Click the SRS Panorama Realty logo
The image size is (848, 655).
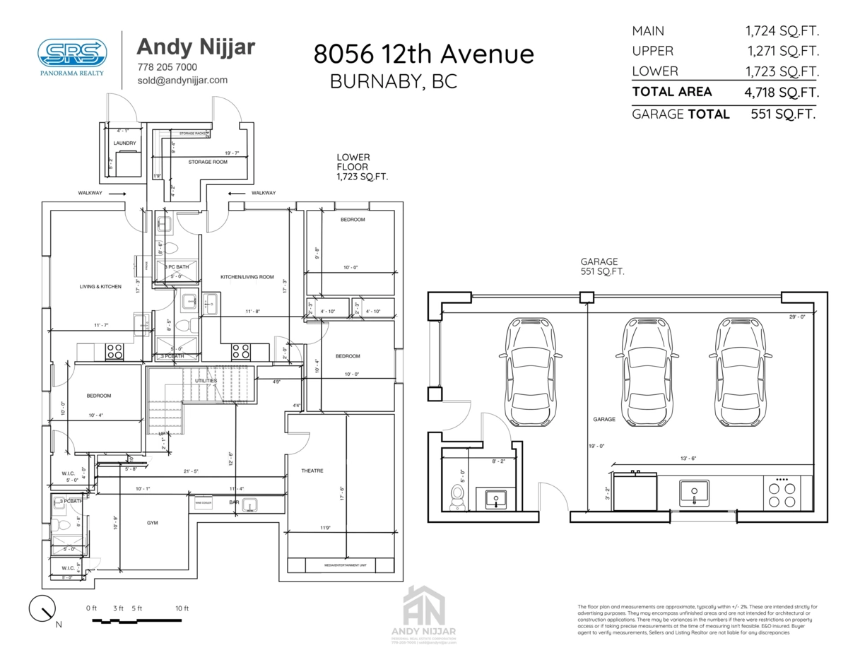(72, 55)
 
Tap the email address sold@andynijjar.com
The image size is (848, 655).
(182, 81)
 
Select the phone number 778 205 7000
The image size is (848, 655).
(167, 67)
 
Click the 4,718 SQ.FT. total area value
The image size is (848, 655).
(782, 92)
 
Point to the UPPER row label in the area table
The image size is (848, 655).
(652, 51)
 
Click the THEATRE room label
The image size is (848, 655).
(312, 471)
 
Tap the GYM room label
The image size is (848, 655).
(152, 523)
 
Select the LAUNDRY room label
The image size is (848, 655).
(124, 143)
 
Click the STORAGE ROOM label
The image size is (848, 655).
(208, 162)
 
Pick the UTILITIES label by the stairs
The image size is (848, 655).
(206, 381)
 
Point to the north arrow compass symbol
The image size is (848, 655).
(43, 608)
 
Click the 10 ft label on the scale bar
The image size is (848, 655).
(182, 608)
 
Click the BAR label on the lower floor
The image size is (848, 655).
(234, 502)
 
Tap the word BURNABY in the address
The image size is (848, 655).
(372, 81)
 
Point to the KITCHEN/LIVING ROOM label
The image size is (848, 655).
(247, 277)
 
